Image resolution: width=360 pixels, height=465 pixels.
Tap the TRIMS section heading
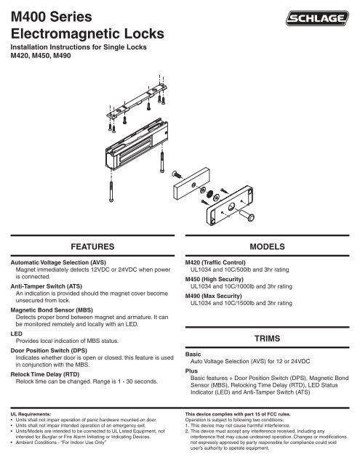pos(268,339)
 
